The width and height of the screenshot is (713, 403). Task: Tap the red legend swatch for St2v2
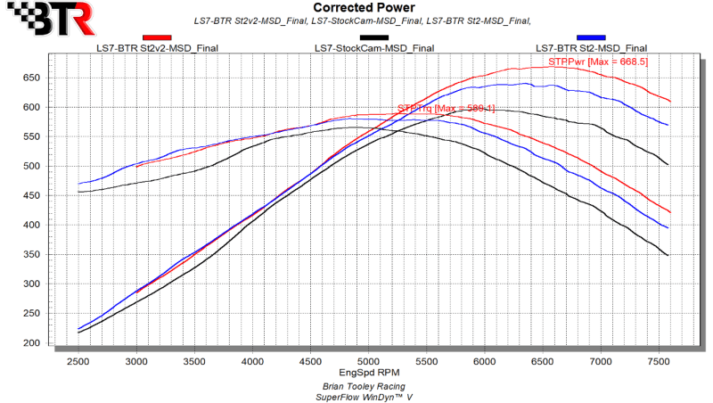(x=157, y=38)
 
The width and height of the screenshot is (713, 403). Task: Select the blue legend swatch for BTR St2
(x=591, y=38)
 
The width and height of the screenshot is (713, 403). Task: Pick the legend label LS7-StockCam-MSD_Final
(x=374, y=48)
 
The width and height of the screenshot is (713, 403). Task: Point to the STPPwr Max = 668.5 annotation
(x=585, y=62)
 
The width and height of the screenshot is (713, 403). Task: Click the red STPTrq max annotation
(x=433, y=109)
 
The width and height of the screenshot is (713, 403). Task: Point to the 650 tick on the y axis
(x=33, y=78)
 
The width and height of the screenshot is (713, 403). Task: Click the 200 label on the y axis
(x=33, y=343)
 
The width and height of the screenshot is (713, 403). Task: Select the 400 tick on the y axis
(x=33, y=226)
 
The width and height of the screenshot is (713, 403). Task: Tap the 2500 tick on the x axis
(x=78, y=361)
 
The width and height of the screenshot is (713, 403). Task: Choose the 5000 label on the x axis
(x=368, y=361)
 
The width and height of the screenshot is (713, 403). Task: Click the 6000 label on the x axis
(x=484, y=361)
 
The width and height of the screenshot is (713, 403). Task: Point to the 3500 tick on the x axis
(x=194, y=361)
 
